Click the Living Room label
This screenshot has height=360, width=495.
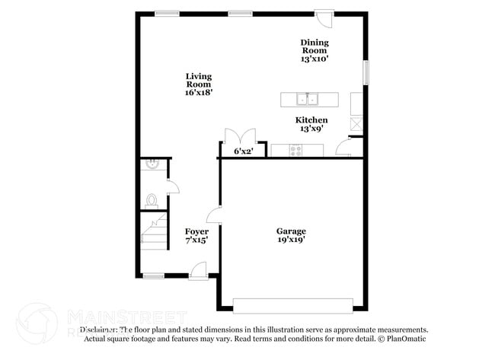pos(199,84)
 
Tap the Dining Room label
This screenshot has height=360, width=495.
pos(315,50)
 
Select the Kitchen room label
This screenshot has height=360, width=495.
pos(311,124)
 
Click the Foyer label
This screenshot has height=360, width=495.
pos(196,235)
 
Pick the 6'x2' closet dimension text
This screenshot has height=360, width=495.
pos(243,151)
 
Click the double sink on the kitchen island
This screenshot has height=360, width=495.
pos(308,99)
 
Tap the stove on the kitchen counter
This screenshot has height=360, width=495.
pos(297,150)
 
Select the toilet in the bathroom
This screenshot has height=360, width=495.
pos(151,201)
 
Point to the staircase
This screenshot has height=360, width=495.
pos(155,231)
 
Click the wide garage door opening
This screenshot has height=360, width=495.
pos(292,305)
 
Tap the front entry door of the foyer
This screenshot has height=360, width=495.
pos(198,269)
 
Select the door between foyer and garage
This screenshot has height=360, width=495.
pos(214,215)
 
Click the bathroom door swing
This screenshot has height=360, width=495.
pos(172,187)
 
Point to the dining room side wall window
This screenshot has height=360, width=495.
pos(366,73)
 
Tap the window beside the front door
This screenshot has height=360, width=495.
pos(154,275)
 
